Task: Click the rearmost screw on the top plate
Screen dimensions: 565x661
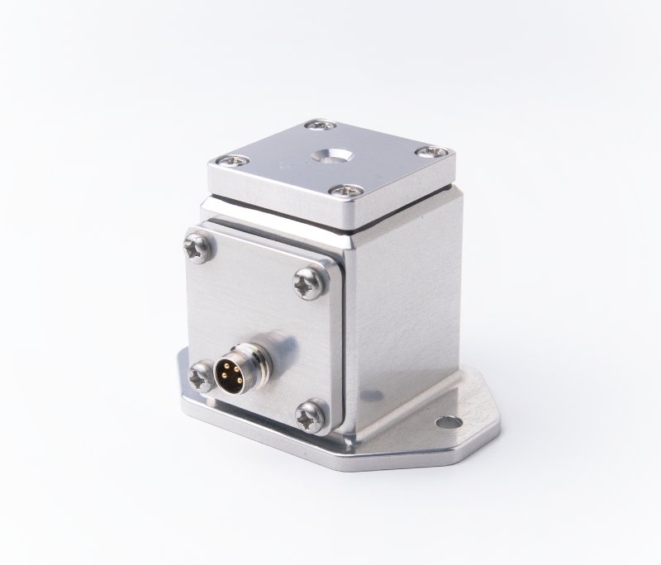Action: [x=320, y=125]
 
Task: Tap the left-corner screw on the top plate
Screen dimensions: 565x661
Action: [x=231, y=160]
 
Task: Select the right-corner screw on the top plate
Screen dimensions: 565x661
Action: [x=431, y=152]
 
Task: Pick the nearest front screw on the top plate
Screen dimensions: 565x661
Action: [x=346, y=190]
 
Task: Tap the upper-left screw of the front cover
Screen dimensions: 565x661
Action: [x=199, y=246]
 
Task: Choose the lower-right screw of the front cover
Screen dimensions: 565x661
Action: [x=312, y=415]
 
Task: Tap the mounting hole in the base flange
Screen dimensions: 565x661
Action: [x=449, y=422]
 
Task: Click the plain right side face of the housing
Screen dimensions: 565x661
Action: [x=405, y=306]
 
